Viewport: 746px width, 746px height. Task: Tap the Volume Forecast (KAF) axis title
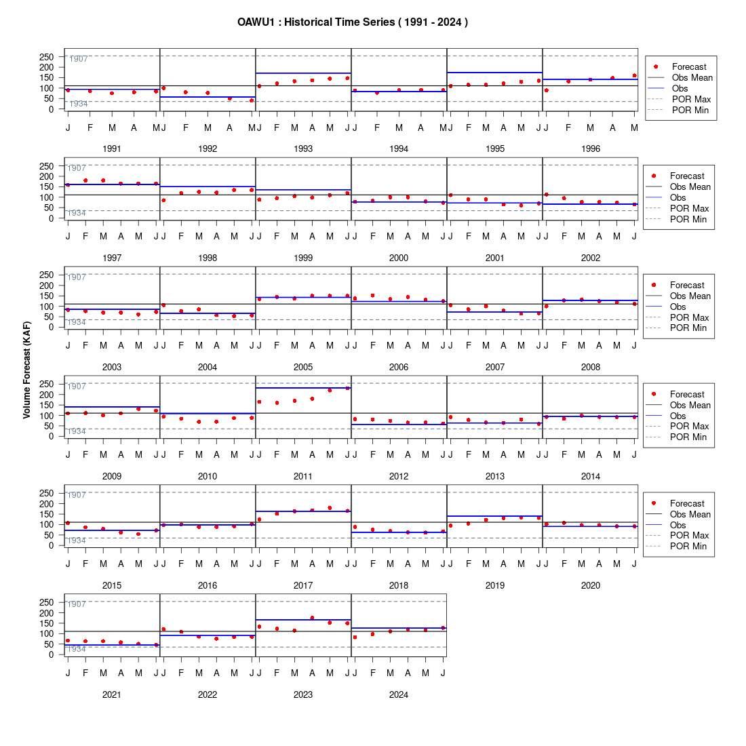tap(26, 370)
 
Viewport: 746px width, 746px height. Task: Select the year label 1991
tap(112, 149)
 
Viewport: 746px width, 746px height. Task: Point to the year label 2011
tap(303, 476)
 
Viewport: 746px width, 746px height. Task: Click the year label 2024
tap(399, 694)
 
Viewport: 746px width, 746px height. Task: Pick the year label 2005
tap(303, 368)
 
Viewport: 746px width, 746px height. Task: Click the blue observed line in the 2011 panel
tap(304, 388)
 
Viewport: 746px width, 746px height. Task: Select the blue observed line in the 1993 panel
tap(304, 73)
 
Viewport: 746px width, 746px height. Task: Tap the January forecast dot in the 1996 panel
tap(546, 90)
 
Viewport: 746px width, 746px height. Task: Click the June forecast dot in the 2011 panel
tap(347, 389)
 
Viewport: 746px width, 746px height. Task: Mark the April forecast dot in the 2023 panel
tap(312, 618)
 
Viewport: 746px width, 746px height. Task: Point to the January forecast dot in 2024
tap(355, 637)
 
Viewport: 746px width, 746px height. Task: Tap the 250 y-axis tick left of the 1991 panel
tap(47, 57)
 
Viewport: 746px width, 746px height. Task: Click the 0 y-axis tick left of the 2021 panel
tap(52, 654)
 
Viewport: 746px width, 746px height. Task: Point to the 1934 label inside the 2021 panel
tap(77, 649)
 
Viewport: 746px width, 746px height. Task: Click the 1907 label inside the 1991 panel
tap(79, 59)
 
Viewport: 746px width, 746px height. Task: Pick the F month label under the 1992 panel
tap(186, 127)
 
